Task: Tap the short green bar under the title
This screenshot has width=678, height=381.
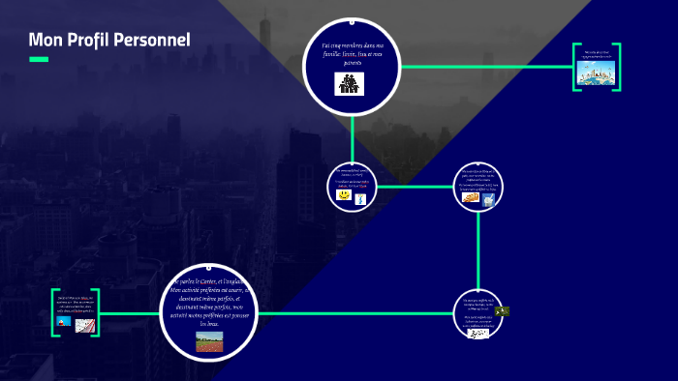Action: [x=39, y=59]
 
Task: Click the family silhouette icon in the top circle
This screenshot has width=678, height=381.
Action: [x=349, y=84]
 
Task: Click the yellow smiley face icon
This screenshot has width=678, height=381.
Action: [x=343, y=195]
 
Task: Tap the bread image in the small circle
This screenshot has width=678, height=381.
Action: [x=470, y=198]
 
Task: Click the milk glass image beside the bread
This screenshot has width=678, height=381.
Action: [x=489, y=199]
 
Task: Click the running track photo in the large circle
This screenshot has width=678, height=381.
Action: [x=208, y=340]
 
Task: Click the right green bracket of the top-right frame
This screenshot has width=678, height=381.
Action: [x=618, y=68]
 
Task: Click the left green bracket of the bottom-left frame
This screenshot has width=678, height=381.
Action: [x=55, y=312]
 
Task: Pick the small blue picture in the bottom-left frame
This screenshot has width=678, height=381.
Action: [x=65, y=322]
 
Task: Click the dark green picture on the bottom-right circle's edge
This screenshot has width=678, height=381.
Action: [x=502, y=311]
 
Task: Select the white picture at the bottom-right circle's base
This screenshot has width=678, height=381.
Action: [x=478, y=330]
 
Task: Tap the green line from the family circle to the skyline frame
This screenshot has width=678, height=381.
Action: [x=484, y=67]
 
